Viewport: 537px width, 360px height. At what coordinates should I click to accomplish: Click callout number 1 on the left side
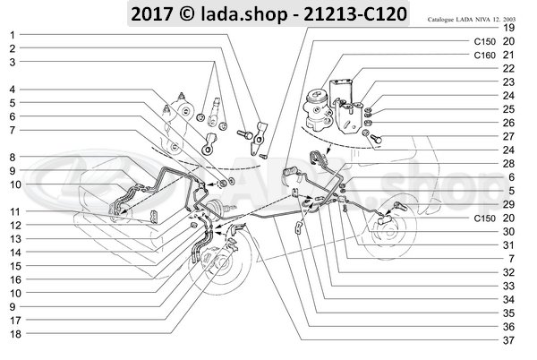coord(13,35)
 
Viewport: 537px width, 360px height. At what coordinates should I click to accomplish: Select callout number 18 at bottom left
coord(16,334)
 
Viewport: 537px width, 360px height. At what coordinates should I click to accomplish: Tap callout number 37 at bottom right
coord(508,340)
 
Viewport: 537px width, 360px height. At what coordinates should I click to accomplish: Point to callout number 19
coord(508,28)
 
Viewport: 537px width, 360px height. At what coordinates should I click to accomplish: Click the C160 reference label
coord(484,56)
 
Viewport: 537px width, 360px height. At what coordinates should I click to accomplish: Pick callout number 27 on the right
coord(508,136)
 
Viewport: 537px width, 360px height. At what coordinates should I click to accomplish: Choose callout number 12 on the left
coord(16,226)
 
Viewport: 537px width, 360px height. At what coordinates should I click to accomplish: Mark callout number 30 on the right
coord(508,232)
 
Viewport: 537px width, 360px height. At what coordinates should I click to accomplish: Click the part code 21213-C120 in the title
coord(355,14)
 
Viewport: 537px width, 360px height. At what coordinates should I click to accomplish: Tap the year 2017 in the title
coord(151,14)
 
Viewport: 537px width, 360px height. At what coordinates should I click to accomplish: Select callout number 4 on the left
coord(13,90)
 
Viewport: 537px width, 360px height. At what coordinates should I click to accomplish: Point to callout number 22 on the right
coord(508,68)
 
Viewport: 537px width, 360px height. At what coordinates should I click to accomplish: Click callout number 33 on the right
coord(508,286)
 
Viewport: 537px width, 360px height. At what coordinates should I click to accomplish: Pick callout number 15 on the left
coord(16,266)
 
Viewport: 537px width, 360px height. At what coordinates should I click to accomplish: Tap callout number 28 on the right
coord(508,164)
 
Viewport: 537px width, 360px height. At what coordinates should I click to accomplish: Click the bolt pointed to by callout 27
coord(376,139)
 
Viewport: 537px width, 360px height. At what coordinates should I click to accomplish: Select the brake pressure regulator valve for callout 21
coord(318,109)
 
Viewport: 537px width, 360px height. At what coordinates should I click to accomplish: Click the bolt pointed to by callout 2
coord(244,134)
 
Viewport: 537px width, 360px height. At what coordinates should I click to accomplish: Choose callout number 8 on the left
coord(13,158)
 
